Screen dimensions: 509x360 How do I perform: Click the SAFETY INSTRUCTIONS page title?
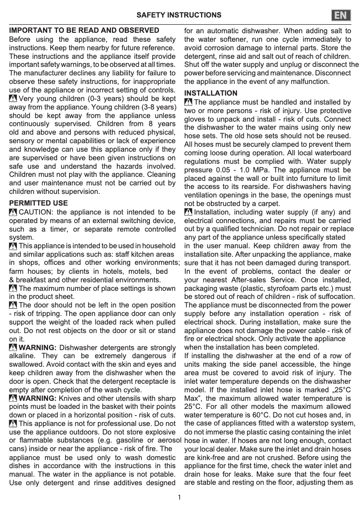[179, 15]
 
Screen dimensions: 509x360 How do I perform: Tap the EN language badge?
[341, 15]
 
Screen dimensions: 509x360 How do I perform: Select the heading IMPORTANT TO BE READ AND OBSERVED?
[84, 31]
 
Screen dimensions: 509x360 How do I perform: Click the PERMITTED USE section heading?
[39, 203]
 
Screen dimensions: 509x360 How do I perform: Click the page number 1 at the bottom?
[180, 497]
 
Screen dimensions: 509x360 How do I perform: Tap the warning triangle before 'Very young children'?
[13, 98]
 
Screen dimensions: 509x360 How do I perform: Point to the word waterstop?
[308, 423]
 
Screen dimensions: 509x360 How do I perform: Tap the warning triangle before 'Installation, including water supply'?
[189, 212]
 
